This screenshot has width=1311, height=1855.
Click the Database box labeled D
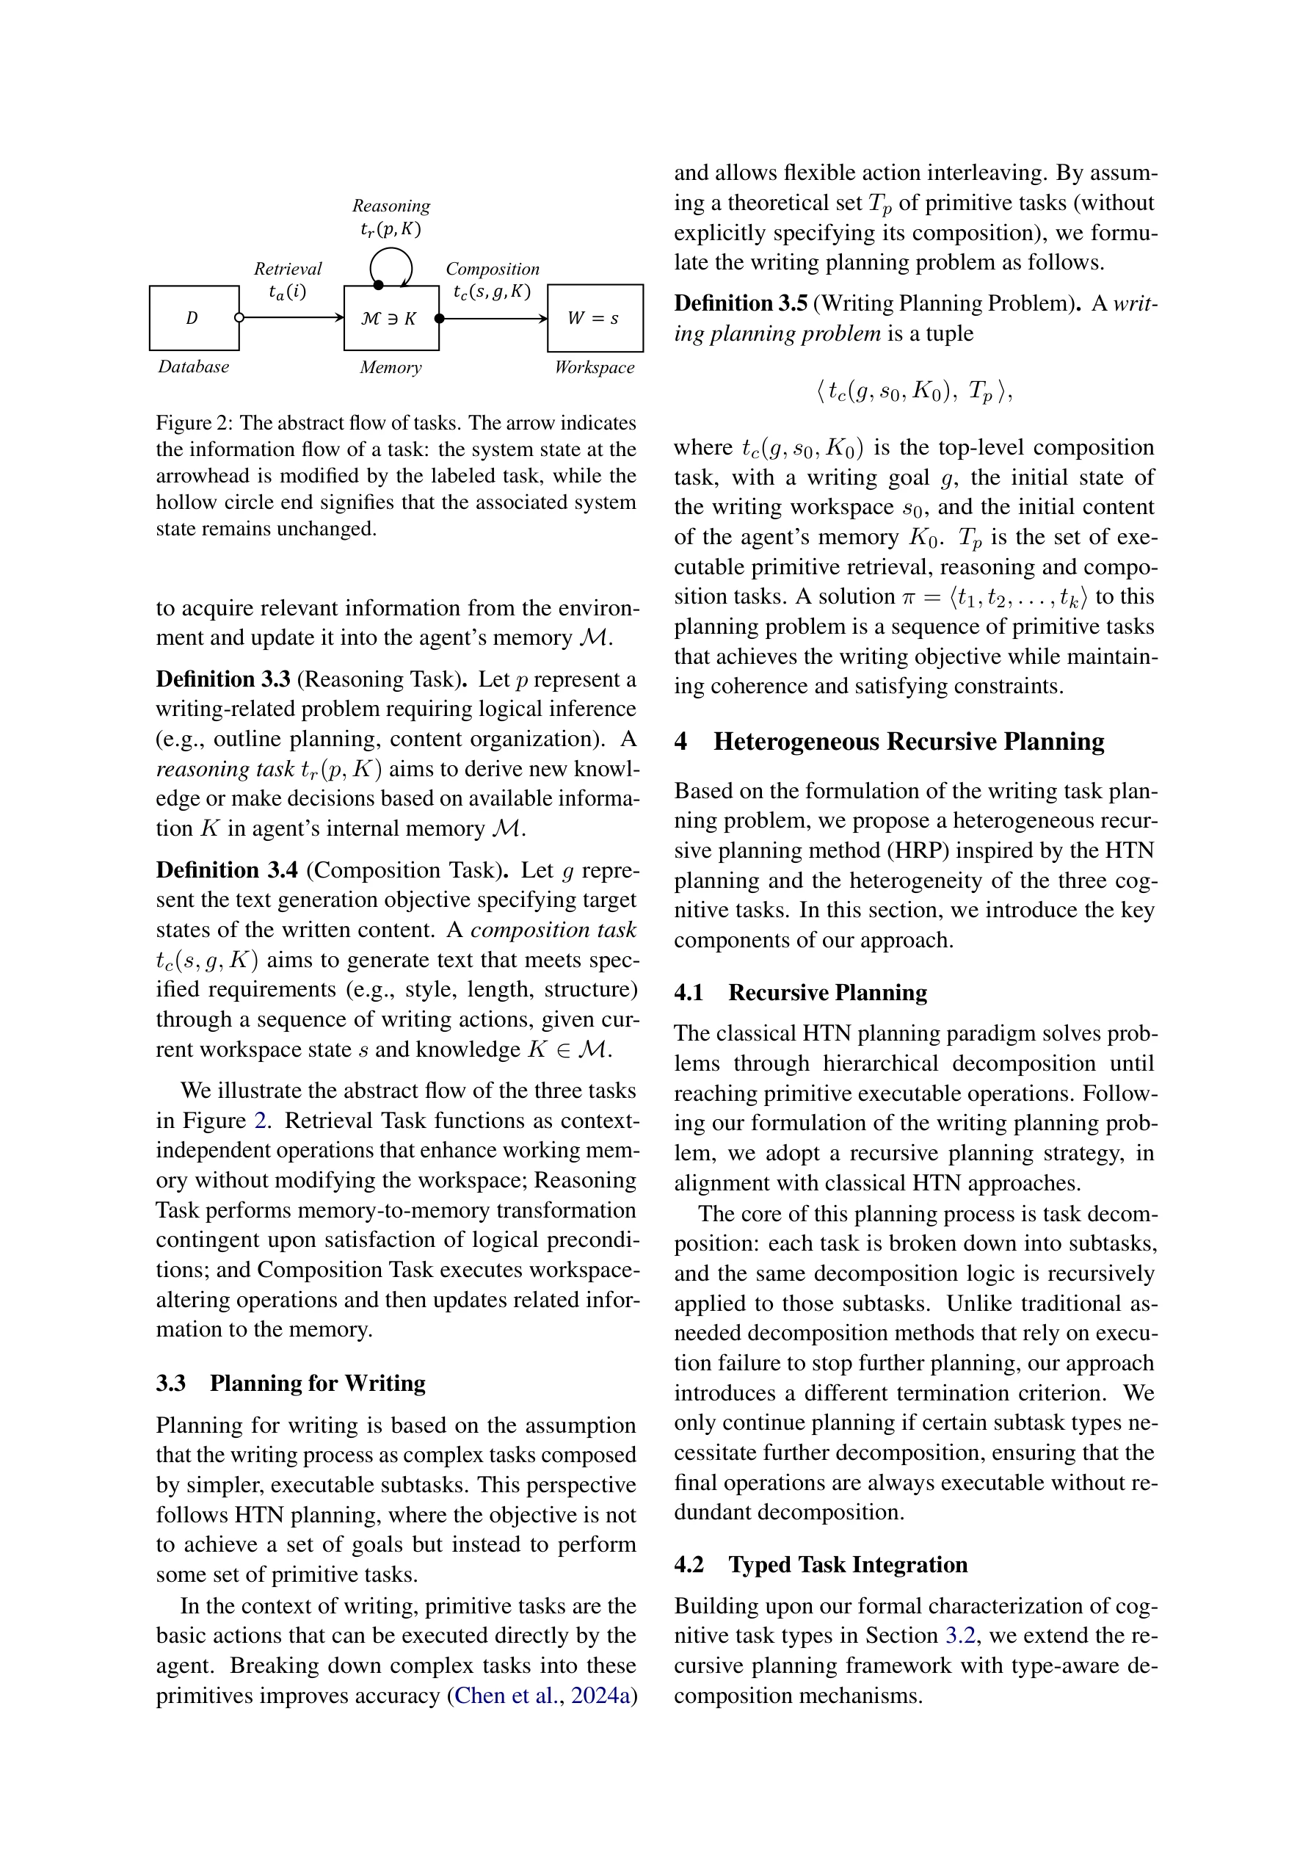click(194, 317)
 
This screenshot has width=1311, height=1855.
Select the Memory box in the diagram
click(391, 317)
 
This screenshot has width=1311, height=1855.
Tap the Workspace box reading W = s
click(595, 317)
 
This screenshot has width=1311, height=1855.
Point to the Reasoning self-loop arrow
click(391, 265)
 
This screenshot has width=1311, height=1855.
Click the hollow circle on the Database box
click(239, 317)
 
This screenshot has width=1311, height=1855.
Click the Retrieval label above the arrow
click(288, 268)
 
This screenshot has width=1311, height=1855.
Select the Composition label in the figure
click(492, 268)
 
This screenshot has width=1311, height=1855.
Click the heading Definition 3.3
click(223, 679)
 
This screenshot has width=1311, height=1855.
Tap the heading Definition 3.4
click(226, 869)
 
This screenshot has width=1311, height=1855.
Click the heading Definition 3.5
click(741, 303)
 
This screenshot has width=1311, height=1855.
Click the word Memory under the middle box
click(391, 368)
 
